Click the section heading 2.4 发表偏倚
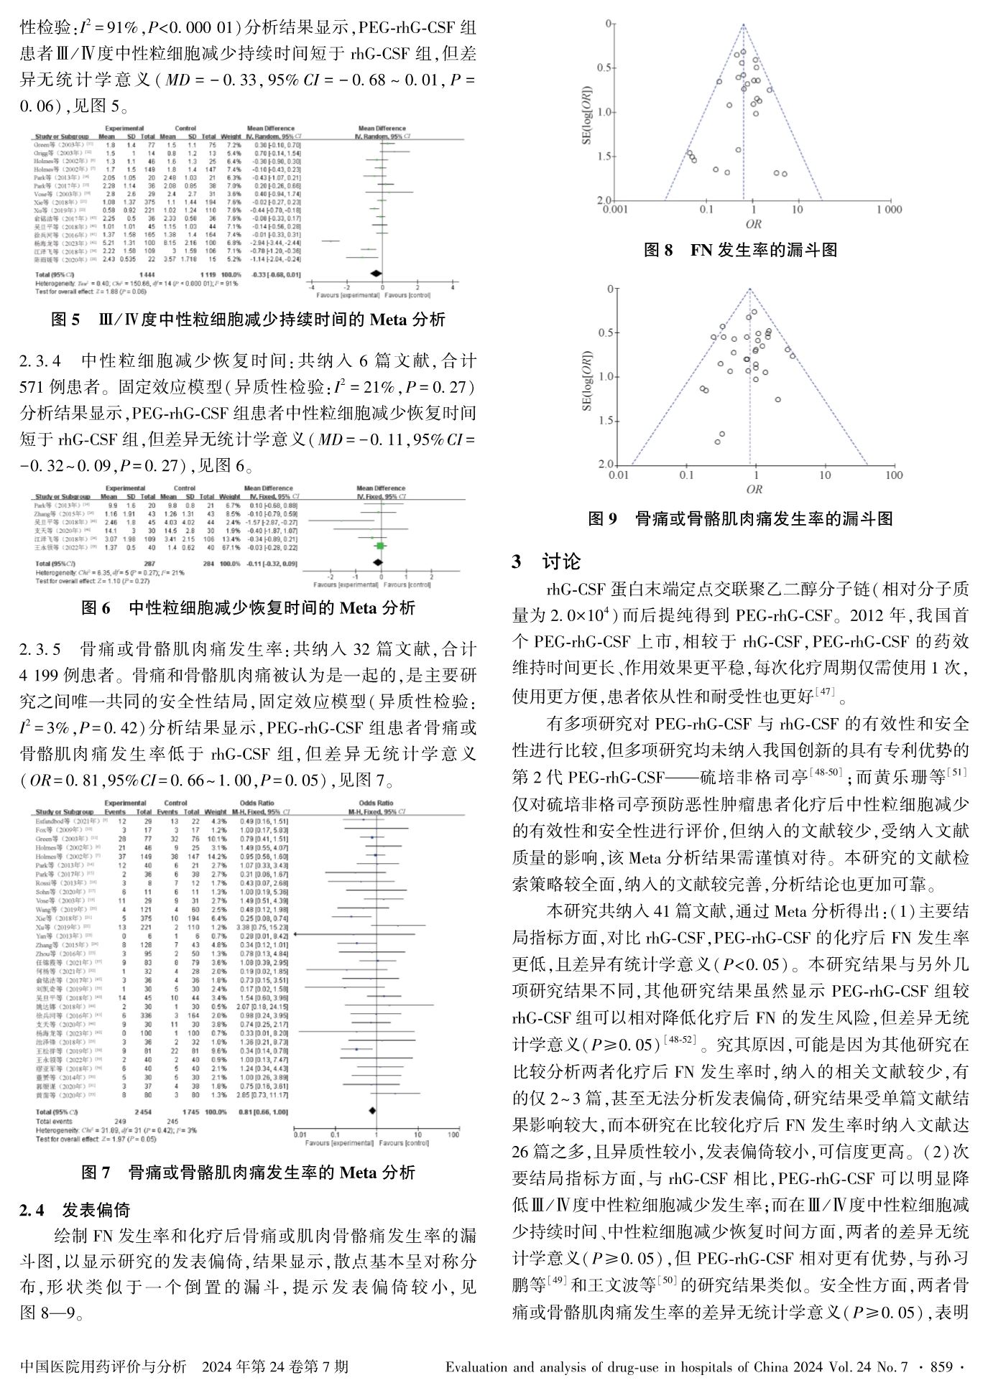(75, 1210)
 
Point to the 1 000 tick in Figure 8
(888, 210)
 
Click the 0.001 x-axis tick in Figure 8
(616, 210)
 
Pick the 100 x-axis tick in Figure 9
(893, 475)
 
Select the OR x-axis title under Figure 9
(754, 489)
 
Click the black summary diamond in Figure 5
(375, 274)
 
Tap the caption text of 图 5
(248, 320)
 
